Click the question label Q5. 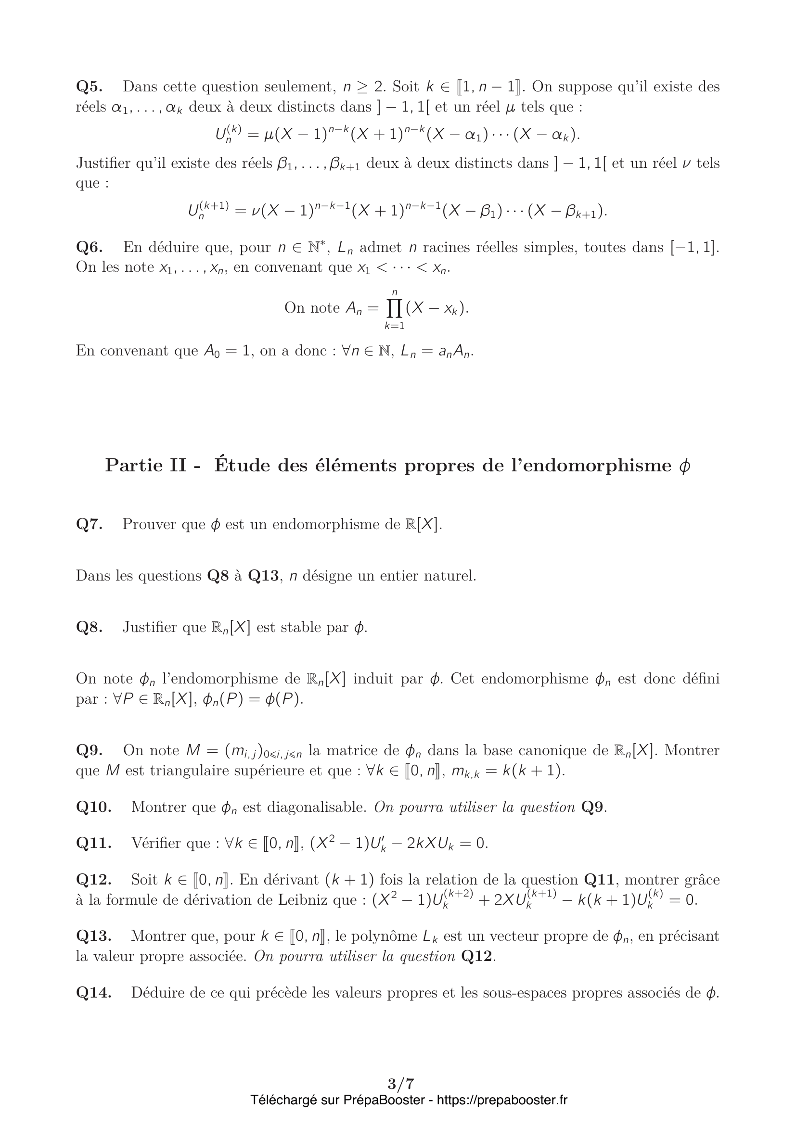point(89,87)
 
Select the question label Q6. point(89,247)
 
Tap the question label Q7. point(89,524)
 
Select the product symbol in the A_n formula point(394,308)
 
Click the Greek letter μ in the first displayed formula point(269,134)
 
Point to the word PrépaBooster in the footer point(384,1100)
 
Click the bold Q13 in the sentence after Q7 point(263,576)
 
